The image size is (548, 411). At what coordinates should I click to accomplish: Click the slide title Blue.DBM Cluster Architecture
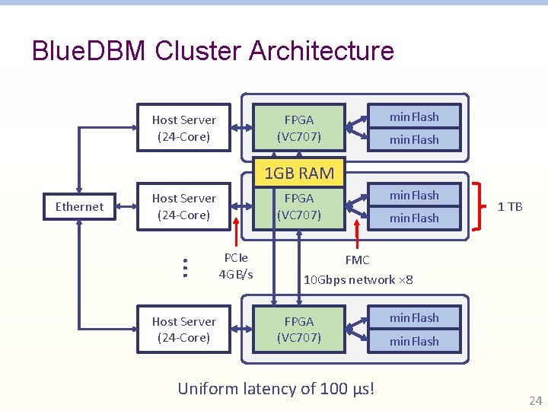[x=213, y=51]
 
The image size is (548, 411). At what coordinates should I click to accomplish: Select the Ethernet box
[x=79, y=206]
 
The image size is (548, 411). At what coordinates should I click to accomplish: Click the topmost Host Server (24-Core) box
[x=183, y=128]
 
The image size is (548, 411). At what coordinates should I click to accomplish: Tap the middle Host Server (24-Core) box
[x=183, y=206]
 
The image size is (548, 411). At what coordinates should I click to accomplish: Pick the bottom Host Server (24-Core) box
[x=183, y=330]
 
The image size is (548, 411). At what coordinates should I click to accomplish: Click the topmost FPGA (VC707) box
[x=299, y=128]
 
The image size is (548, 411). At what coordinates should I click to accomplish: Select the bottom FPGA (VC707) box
[x=299, y=330]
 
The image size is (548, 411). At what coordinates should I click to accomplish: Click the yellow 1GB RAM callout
[x=298, y=173]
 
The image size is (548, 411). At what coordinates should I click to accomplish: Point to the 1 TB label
[x=509, y=206]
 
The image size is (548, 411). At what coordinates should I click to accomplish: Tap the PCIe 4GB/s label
[x=236, y=266]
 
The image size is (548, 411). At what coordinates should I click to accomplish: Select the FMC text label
[x=357, y=260]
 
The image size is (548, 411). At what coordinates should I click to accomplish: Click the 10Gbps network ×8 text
[x=358, y=279]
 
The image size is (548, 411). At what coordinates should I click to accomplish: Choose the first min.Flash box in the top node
[x=414, y=116]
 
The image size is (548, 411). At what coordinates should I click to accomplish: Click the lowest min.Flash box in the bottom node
[x=414, y=341]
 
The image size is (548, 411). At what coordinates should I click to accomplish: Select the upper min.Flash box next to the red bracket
[x=414, y=195]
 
